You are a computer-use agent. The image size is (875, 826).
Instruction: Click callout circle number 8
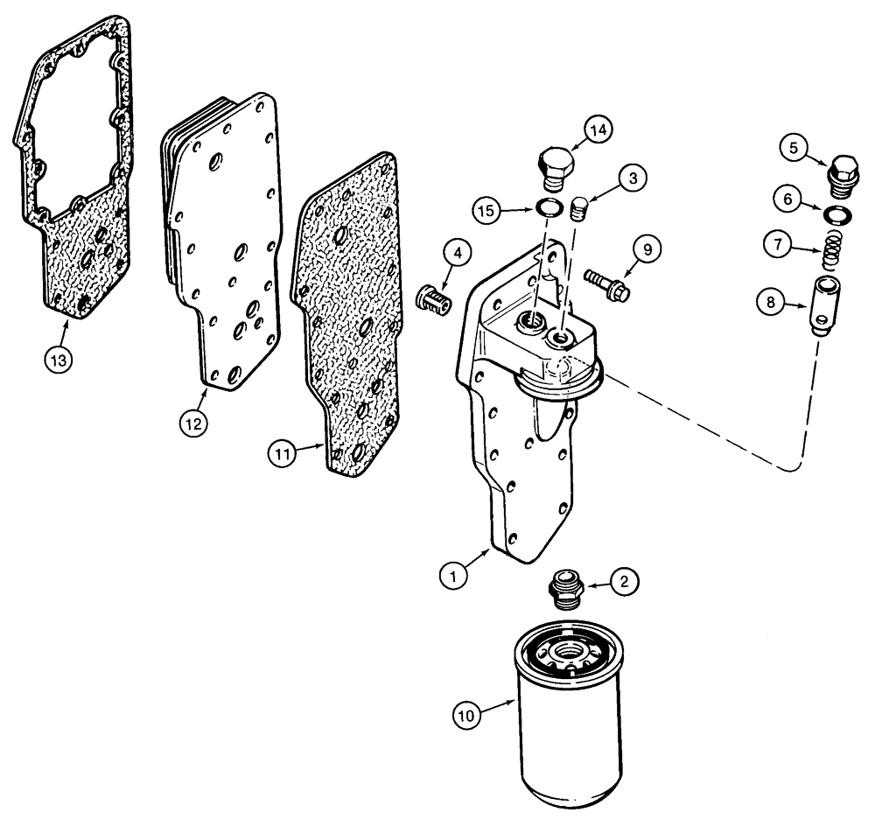pyautogui.click(x=771, y=302)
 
